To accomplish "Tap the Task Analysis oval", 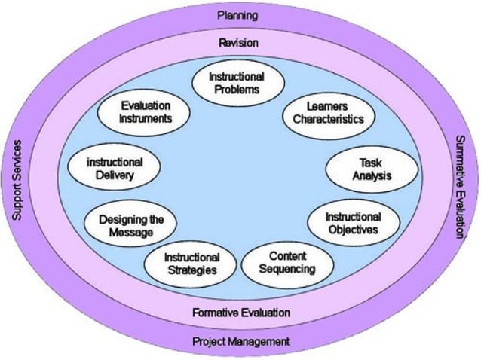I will pos(361,170).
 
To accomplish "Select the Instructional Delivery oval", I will pos(115,169).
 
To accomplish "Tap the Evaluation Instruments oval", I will pos(146,112).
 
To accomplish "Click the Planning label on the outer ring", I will pos(237,15).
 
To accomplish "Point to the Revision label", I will pos(237,42).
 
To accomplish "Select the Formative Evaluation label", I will pos(240,312).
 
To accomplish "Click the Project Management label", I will pos(240,341).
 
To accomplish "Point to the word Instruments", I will pos(146,119).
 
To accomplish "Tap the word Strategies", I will pos(191,270).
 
